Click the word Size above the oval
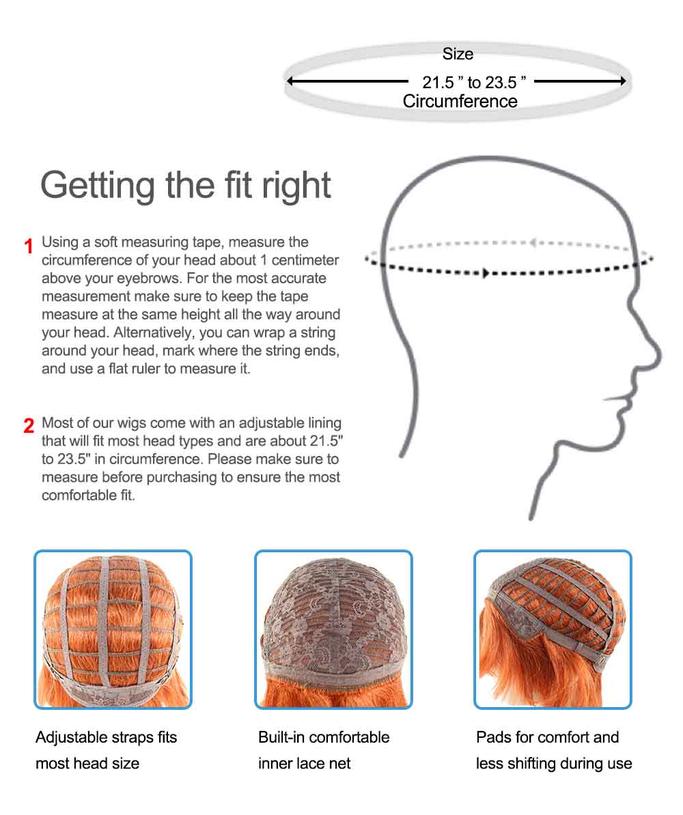(x=458, y=54)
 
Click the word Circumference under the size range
(x=460, y=102)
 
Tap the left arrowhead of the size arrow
(x=290, y=81)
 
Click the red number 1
(x=29, y=246)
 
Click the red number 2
(x=29, y=426)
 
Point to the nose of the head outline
(x=657, y=355)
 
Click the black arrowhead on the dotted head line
(x=486, y=274)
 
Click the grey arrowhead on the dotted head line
(x=533, y=242)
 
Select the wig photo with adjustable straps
(x=113, y=629)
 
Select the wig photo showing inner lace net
(x=333, y=629)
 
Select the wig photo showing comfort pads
(x=553, y=629)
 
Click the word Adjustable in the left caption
(x=71, y=738)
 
